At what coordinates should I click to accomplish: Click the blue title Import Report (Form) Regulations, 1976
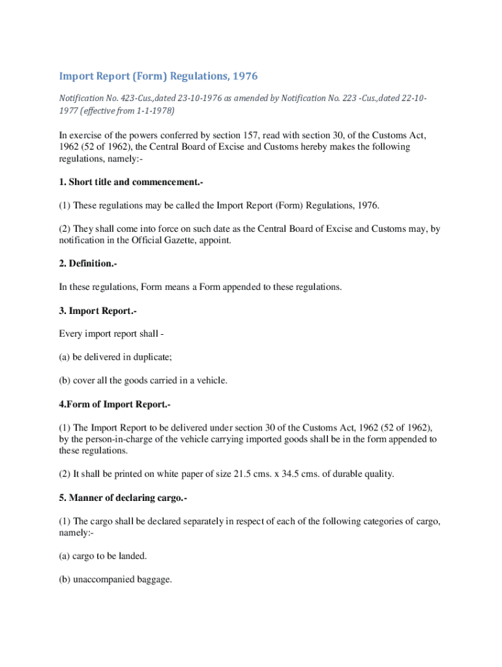point(158,76)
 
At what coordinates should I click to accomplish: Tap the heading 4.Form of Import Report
point(115,404)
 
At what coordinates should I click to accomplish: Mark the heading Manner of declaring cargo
point(128,498)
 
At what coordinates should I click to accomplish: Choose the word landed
point(133,556)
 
